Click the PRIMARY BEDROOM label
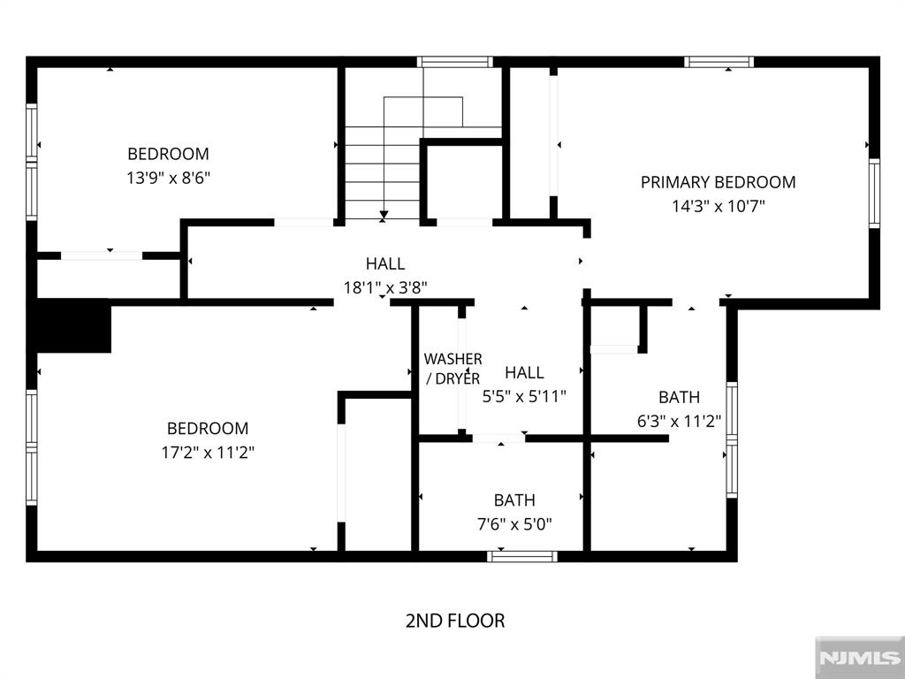point(718,182)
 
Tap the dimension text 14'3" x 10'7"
point(718,206)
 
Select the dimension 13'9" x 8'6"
point(168,177)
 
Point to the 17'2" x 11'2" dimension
point(208,452)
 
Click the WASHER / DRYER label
point(452,369)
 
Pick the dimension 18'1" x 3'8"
point(385,287)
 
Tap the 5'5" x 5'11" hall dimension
point(524,396)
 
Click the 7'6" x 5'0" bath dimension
point(514,523)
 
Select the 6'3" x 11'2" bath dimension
point(679,421)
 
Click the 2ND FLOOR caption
point(455,621)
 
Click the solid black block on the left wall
point(73,326)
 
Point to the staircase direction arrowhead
point(384,215)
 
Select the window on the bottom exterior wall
point(523,556)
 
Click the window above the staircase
point(455,62)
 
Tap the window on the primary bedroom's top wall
point(719,62)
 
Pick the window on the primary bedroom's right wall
point(874,193)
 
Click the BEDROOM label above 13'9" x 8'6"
point(168,153)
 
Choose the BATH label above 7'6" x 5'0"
point(514,500)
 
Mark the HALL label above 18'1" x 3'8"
point(385,263)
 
